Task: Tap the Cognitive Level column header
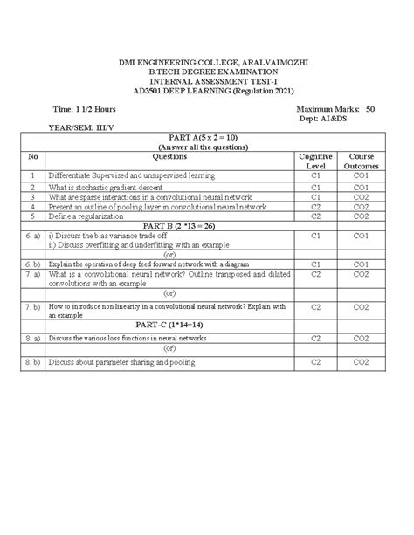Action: click(315, 161)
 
